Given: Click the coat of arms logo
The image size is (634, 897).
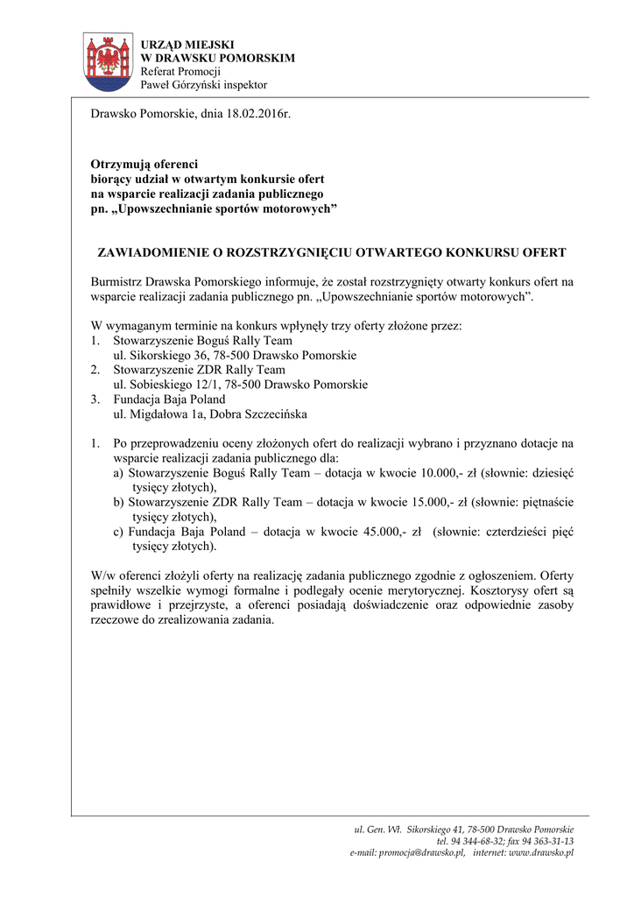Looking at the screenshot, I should (x=109, y=62).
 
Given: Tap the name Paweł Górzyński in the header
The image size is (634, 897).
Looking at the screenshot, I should (x=181, y=85).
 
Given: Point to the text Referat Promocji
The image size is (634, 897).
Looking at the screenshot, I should (x=180, y=71).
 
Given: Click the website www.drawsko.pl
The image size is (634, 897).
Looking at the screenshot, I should (x=541, y=852).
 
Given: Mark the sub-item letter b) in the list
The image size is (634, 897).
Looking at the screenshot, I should (x=119, y=502).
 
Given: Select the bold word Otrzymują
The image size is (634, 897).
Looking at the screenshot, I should (x=120, y=164).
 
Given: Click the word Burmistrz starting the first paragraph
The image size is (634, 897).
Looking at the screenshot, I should (x=116, y=281).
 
